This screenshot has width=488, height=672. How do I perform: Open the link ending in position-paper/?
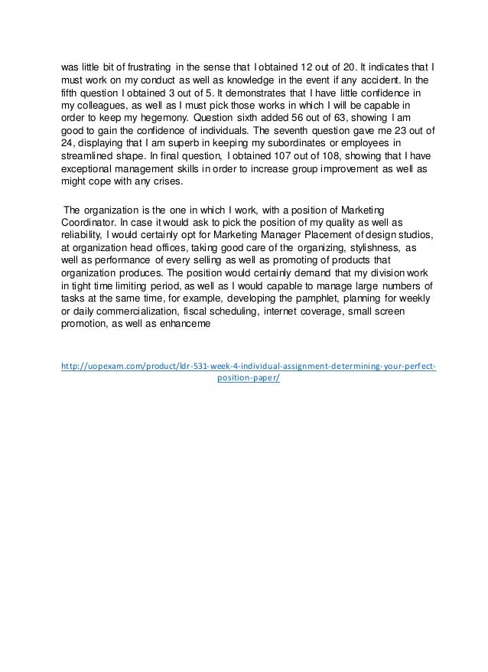coord(249,378)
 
